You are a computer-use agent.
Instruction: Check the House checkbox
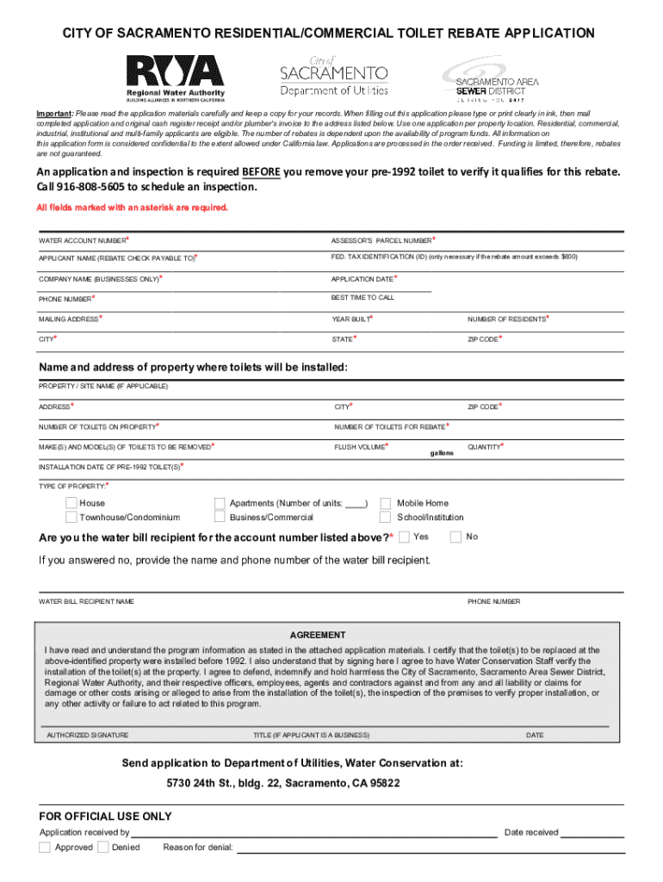[71, 503]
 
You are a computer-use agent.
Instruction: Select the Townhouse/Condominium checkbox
[71, 518]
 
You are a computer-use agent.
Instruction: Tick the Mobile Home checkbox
[385, 503]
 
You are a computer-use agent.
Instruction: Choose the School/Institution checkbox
[385, 518]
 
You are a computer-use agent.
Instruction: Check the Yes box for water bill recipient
[405, 537]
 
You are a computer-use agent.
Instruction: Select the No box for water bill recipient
[455, 537]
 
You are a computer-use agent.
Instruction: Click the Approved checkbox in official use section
[45, 848]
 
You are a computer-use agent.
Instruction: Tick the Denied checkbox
[102, 848]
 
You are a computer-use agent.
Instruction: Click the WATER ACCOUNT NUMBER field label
[82, 240]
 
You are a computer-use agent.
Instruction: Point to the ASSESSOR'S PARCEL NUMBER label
[381, 240]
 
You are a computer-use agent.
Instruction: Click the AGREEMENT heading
[318, 635]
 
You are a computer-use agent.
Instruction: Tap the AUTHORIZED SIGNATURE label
[87, 736]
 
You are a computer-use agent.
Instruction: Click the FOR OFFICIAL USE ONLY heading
[105, 816]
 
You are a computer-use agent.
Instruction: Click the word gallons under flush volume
[442, 453]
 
